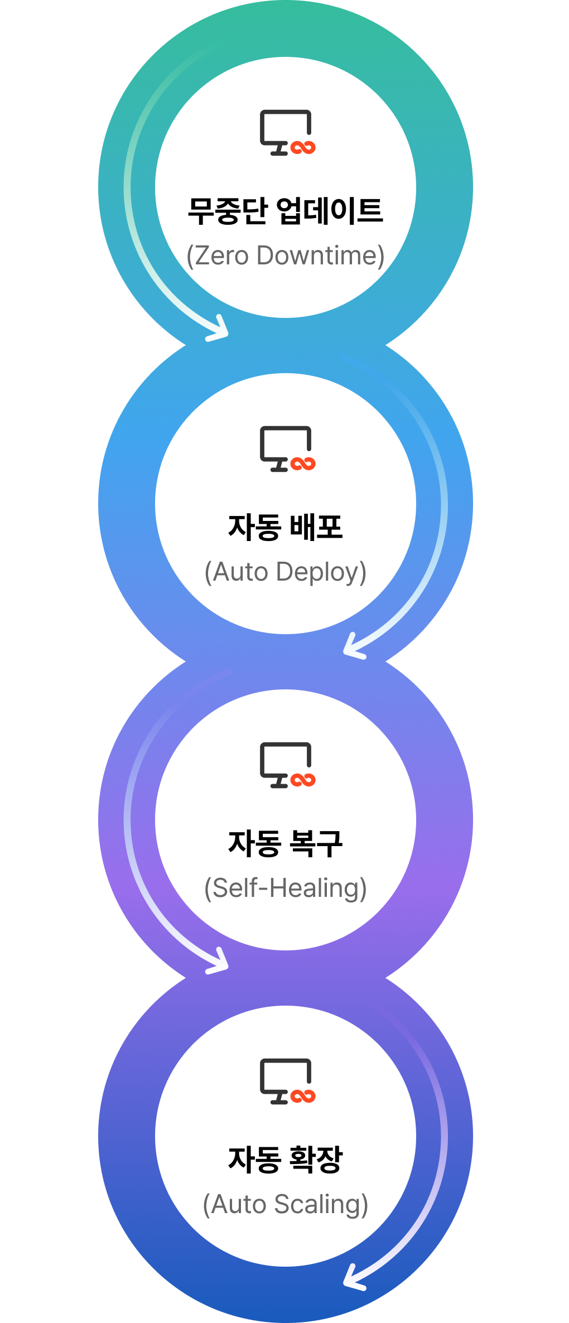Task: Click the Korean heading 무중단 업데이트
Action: (x=285, y=211)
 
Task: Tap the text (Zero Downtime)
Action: (x=285, y=256)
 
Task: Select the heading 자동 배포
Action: (x=285, y=527)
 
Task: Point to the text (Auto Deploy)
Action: (x=285, y=572)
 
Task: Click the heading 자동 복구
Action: (x=285, y=843)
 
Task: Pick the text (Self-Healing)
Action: (x=285, y=888)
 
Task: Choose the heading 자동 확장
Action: (x=285, y=1160)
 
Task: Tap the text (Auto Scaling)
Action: (x=285, y=1205)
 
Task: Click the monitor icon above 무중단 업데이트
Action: (x=287, y=133)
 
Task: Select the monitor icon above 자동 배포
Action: (x=287, y=449)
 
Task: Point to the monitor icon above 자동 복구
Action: (x=287, y=765)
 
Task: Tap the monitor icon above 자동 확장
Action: (x=287, y=1081)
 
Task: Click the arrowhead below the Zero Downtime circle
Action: (x=219, y=330)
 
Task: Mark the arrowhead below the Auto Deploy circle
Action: (x=353, y=647)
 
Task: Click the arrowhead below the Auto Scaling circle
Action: (x=353, y=1279)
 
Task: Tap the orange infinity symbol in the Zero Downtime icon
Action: (x=303, y=148)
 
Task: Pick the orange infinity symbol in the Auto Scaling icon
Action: (x=303, y=1097)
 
